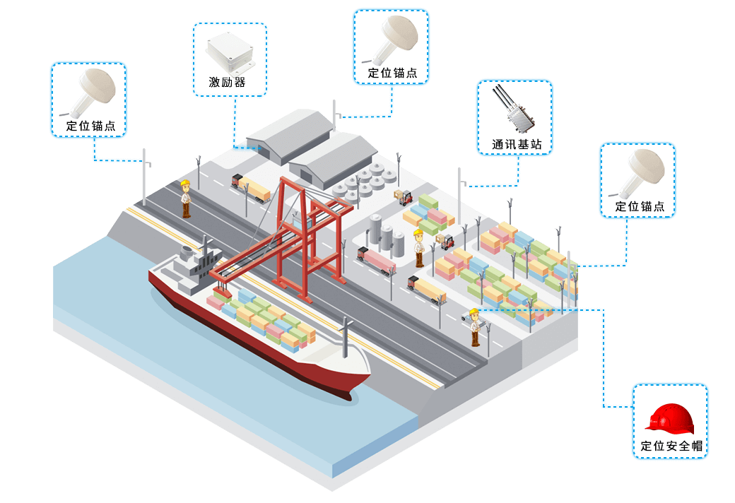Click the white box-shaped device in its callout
point(230,53)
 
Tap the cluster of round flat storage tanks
point(363,182)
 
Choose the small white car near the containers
point(470,314)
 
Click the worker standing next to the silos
point(418,247)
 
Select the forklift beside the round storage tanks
point(404,196)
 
